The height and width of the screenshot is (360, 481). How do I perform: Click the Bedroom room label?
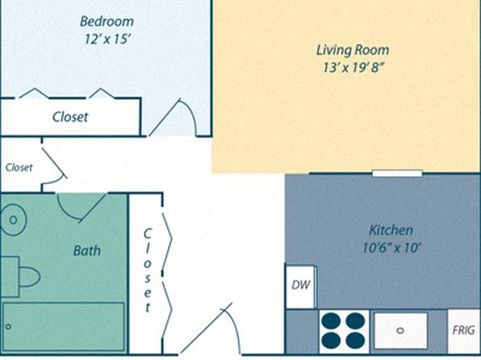click(107, 22)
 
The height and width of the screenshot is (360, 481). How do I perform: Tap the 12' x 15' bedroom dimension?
click(107, 40)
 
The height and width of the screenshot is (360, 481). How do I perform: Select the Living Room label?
click(353, 50)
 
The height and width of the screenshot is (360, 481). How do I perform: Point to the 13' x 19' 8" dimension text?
click(353, 68)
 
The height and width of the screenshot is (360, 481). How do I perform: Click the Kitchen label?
click(391, 230)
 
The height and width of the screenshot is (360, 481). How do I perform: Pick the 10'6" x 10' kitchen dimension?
click(391, 247)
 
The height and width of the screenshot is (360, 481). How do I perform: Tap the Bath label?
click(87, 251)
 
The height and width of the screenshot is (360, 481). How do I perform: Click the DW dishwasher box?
click(300, 287)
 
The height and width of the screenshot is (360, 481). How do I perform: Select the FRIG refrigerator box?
click(463, 331)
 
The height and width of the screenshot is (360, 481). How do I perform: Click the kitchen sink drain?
click(400, 330)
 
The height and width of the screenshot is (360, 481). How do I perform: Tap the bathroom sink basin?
click(13, 220)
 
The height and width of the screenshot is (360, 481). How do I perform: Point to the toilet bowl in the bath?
click(29, 277)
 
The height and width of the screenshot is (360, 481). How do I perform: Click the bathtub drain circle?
click(8, 327)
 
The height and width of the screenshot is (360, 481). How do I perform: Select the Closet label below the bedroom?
click(70, 117)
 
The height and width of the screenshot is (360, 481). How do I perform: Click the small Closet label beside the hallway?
click(19, 168)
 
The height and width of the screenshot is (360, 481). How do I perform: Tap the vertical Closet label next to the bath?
click(148, 270)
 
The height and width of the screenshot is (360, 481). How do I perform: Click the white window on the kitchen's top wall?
click(397, 174)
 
